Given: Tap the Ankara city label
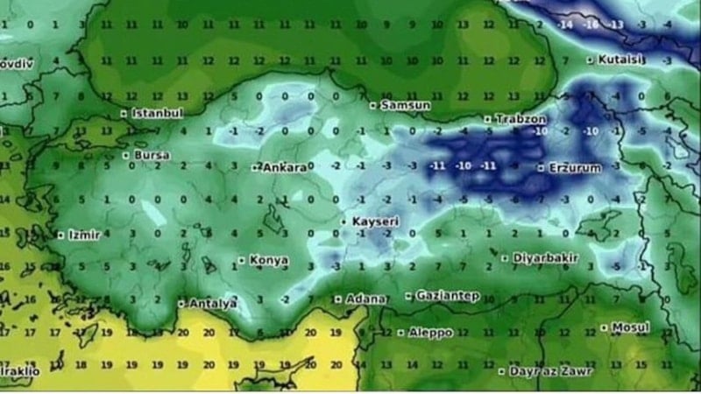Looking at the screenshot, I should click(283, 166).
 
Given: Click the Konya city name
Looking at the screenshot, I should click(269, 260).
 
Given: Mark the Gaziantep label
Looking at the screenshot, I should click(447, 296).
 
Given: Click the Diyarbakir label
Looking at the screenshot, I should click(541, 258).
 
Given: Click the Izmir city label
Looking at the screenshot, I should click(85, 235).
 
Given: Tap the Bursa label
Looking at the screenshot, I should click(152, 156).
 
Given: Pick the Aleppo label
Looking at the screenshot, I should click(430, 333).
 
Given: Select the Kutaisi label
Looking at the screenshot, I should click(621, 60).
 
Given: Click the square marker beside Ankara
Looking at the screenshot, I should click(255, 166).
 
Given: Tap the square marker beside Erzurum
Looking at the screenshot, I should click(541, 166).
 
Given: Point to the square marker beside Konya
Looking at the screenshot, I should click(241, 260).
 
